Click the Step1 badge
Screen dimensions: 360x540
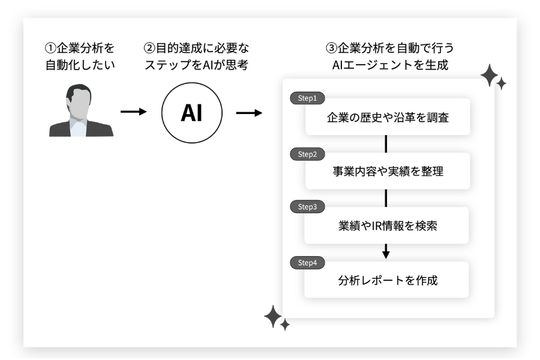click(307, 98)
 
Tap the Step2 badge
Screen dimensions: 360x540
click(307, 154)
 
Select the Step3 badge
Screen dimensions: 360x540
click(307, 207)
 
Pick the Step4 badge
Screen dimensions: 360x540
click(307, 262)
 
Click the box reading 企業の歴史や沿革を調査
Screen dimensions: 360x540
click(388, 118)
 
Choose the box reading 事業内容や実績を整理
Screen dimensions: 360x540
click(388, 172)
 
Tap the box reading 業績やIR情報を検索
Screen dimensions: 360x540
click(388, 226)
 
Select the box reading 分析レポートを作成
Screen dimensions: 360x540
click(388, 280)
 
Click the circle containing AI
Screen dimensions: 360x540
click(192, 113)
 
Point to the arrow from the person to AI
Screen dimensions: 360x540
click(134, 112)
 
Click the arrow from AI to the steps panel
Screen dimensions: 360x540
click(249, 112)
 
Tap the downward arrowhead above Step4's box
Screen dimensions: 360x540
click(386, 254)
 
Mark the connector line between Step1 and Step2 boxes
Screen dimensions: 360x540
click(386, 144)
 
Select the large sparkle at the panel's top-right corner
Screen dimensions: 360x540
click(490, 76)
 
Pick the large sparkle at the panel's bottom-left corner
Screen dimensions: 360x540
click(274, 316)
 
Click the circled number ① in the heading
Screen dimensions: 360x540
click(50, 47)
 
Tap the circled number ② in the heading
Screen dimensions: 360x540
click(150, 47)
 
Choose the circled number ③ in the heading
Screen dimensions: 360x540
click(331, 47)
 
